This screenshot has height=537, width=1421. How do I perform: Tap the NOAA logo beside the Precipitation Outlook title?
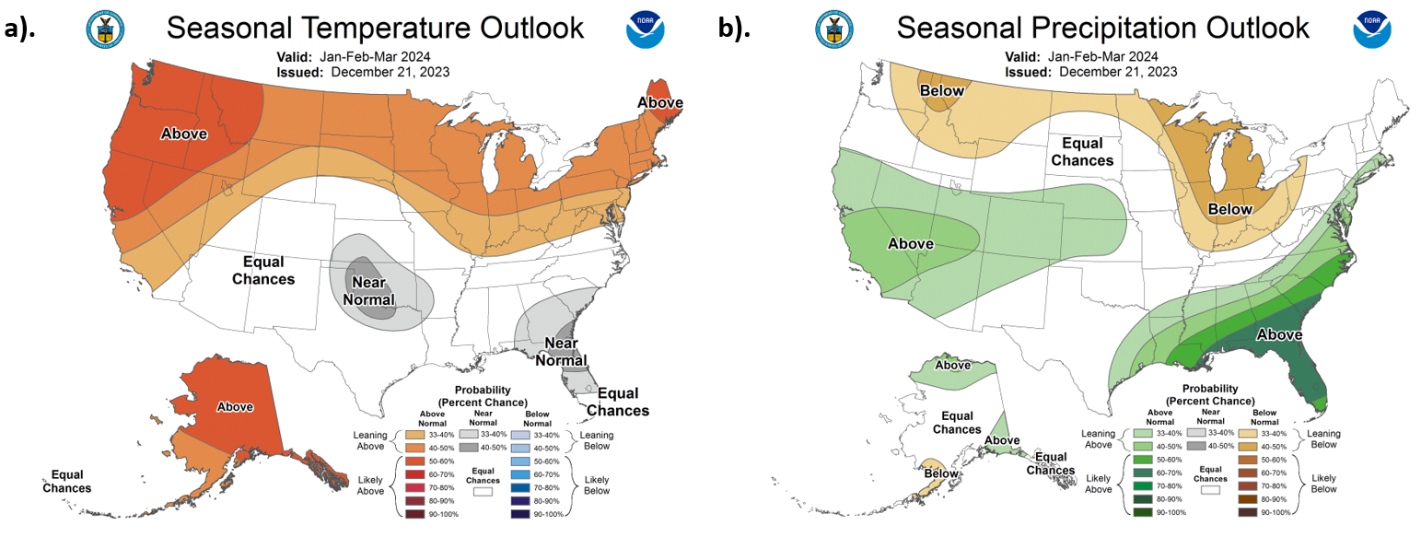(x=1372, y=29)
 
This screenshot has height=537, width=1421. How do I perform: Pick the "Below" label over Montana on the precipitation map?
(x=940, y=90)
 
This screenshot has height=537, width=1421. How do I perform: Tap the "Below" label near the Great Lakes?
(x=1231, y=209)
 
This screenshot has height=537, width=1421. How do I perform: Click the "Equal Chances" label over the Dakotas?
(x=1089, y=152)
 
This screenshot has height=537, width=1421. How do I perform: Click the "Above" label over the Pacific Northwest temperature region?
(x=184, y=134)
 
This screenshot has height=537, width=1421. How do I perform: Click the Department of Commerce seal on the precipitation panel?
(x=833, y=29)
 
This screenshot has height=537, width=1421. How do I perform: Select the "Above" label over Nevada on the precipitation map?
(x=911, y=244)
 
